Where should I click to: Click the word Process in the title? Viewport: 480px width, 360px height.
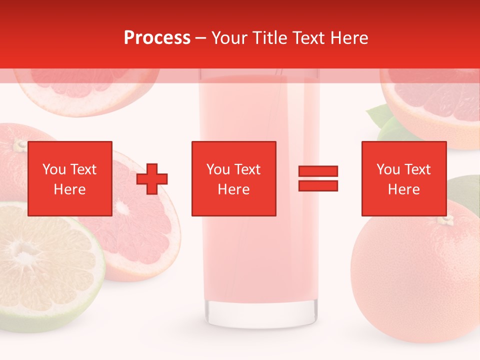pyautogui.click(x=157, y=38)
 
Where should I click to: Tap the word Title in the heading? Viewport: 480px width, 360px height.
pyautogui.click(x=270, y=38)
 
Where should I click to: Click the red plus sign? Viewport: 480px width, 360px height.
pyautogui.click(x=152, y=178)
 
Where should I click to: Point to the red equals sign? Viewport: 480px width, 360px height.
pyautogui.click(x=318, y=178)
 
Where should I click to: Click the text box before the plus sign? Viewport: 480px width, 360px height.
pyautogui.click(x=70, y=178)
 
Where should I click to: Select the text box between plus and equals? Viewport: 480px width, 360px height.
pyautogui.click(x=234, y=178)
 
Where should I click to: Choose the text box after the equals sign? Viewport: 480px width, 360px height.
pyautogui.click(x=404, y=178)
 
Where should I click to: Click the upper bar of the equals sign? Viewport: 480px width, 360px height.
pyautogui.click(x=318, y=171)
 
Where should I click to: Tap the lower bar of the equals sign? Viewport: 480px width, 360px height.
pyautogui.click(x=318, y=185)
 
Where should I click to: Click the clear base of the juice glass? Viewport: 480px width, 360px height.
pyautogui.click(x=262, y=312)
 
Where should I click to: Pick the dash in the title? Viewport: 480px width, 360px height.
pyautogui.click(x=200, y=38)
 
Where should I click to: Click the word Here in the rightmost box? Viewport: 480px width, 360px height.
pyautogui.click(x=404, y=189)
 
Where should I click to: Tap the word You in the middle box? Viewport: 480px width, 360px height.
pyautogui.click(x=218, y=169)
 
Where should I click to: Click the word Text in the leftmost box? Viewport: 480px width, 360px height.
pyautogui.click(x=83, y=169)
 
